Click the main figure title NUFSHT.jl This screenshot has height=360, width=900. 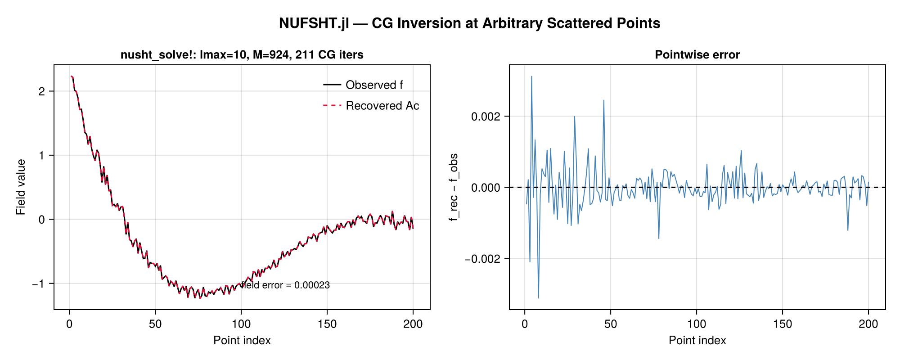(x=469, y=23)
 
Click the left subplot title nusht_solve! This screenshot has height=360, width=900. (x=242, y=55)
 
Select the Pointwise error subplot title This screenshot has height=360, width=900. (x=697, y=55)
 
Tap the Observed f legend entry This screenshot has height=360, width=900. (x=363, y=85)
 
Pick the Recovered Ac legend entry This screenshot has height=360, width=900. (x=371, y=106)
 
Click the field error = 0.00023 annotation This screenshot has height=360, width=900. (x=285, y=285)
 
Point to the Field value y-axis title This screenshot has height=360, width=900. (x=21, y=187)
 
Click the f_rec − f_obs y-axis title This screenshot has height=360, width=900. (x=454, y=187)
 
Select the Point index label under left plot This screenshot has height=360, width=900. (x=242, y=341)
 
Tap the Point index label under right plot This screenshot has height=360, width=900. (x=697, y=341)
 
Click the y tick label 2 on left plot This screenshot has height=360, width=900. (x=42, y=91)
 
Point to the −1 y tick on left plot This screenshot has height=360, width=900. (x=39, y=284)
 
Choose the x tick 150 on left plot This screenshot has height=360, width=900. (x=327, y=324)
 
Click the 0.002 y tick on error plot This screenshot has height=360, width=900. (x=486, y=117)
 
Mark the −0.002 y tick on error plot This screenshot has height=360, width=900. (x=483, y=259)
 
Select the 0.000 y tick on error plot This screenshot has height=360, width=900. (x=486, y=188)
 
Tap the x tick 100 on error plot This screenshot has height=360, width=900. (x=697, y=324)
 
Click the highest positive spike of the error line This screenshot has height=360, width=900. (x=531, y=76)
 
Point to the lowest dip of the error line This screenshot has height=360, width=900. (x=538, y=298)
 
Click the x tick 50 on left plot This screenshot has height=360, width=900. (x=155, y=324)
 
